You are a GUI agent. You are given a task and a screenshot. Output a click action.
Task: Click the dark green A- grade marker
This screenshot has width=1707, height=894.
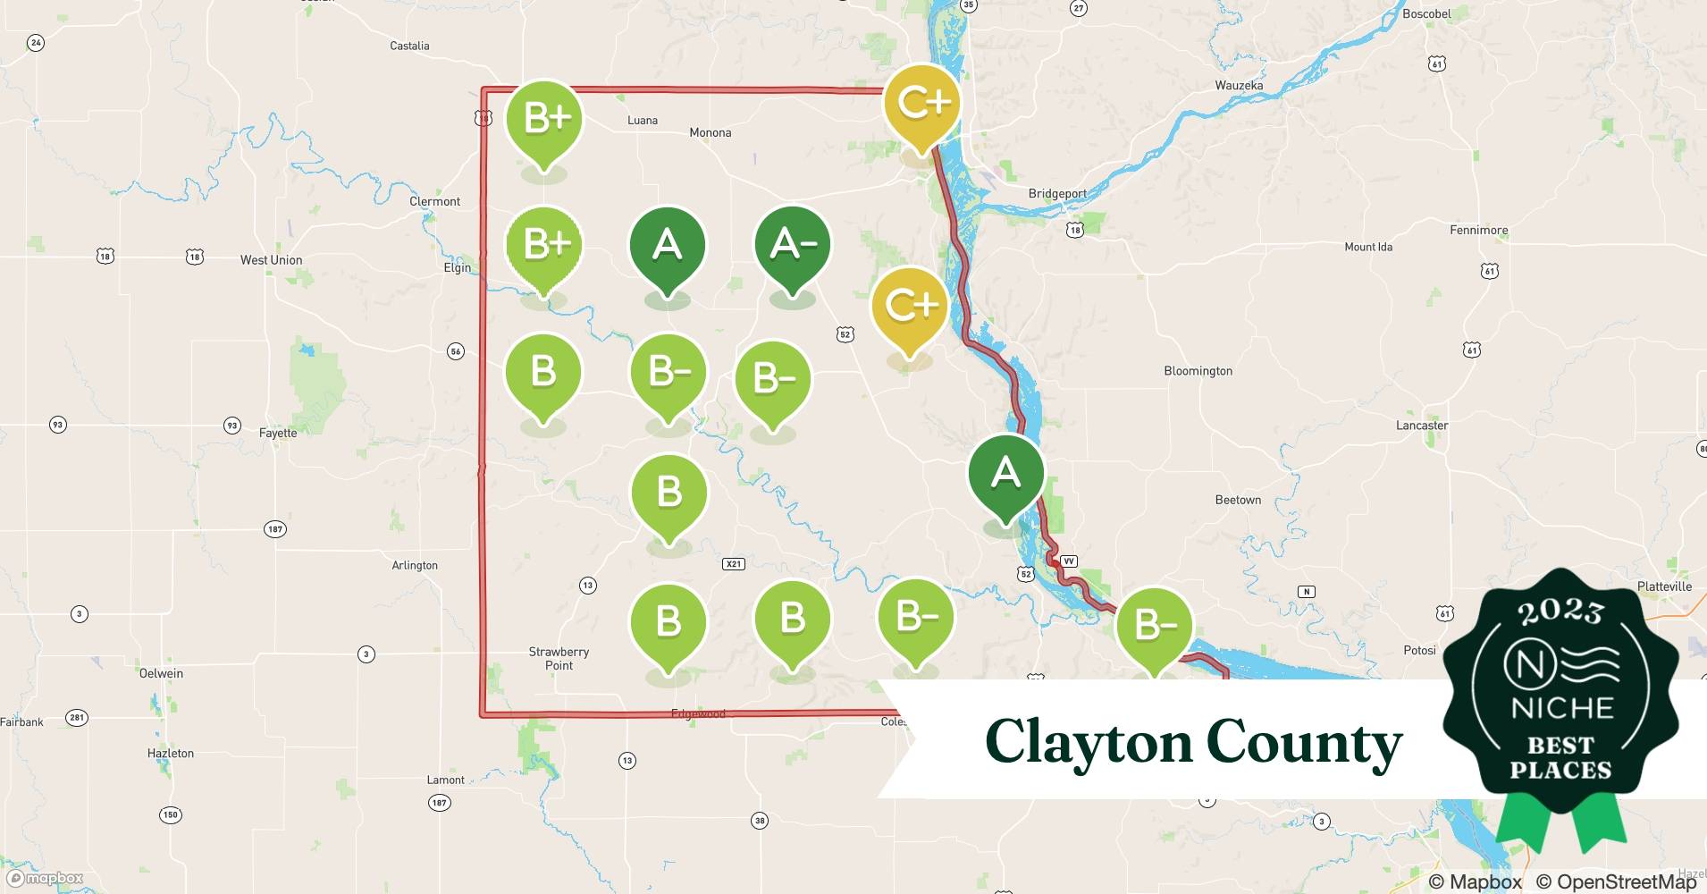(792, 247)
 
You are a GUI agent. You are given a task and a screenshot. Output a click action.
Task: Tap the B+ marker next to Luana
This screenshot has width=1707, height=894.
(543, 120)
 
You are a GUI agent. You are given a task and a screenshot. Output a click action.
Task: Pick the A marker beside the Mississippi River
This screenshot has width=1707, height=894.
(1005, 474)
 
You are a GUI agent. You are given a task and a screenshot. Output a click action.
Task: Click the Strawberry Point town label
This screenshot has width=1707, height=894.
(559, 659)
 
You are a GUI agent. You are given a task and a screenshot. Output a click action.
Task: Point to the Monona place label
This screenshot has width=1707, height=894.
(711, 133)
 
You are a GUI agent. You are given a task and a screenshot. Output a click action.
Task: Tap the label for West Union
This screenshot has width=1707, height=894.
(271, 260)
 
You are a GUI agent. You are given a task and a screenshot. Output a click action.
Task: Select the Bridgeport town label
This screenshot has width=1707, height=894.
(1057, 194)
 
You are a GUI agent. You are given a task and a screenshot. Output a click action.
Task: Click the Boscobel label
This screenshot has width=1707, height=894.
(1426, 14)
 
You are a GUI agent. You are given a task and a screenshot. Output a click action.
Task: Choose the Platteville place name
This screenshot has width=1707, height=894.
(1664, 586)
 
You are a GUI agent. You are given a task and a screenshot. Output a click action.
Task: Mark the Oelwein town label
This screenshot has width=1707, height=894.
(161, 673)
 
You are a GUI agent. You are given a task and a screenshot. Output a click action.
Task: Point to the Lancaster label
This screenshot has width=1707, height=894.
(1421, 426)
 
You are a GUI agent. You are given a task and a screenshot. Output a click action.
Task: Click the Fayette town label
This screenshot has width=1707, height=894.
(277, 434)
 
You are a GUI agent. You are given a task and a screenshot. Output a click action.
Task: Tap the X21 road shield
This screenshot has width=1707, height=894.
(733, 564)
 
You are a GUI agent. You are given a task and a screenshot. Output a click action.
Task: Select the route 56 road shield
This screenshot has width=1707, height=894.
(456, 351)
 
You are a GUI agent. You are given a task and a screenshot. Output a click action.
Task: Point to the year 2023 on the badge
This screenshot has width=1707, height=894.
(1560, 611)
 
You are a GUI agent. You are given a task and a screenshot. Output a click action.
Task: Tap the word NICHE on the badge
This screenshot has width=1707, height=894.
(1561, 709)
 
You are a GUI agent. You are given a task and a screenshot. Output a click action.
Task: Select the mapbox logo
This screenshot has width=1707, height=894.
(46, 879)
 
